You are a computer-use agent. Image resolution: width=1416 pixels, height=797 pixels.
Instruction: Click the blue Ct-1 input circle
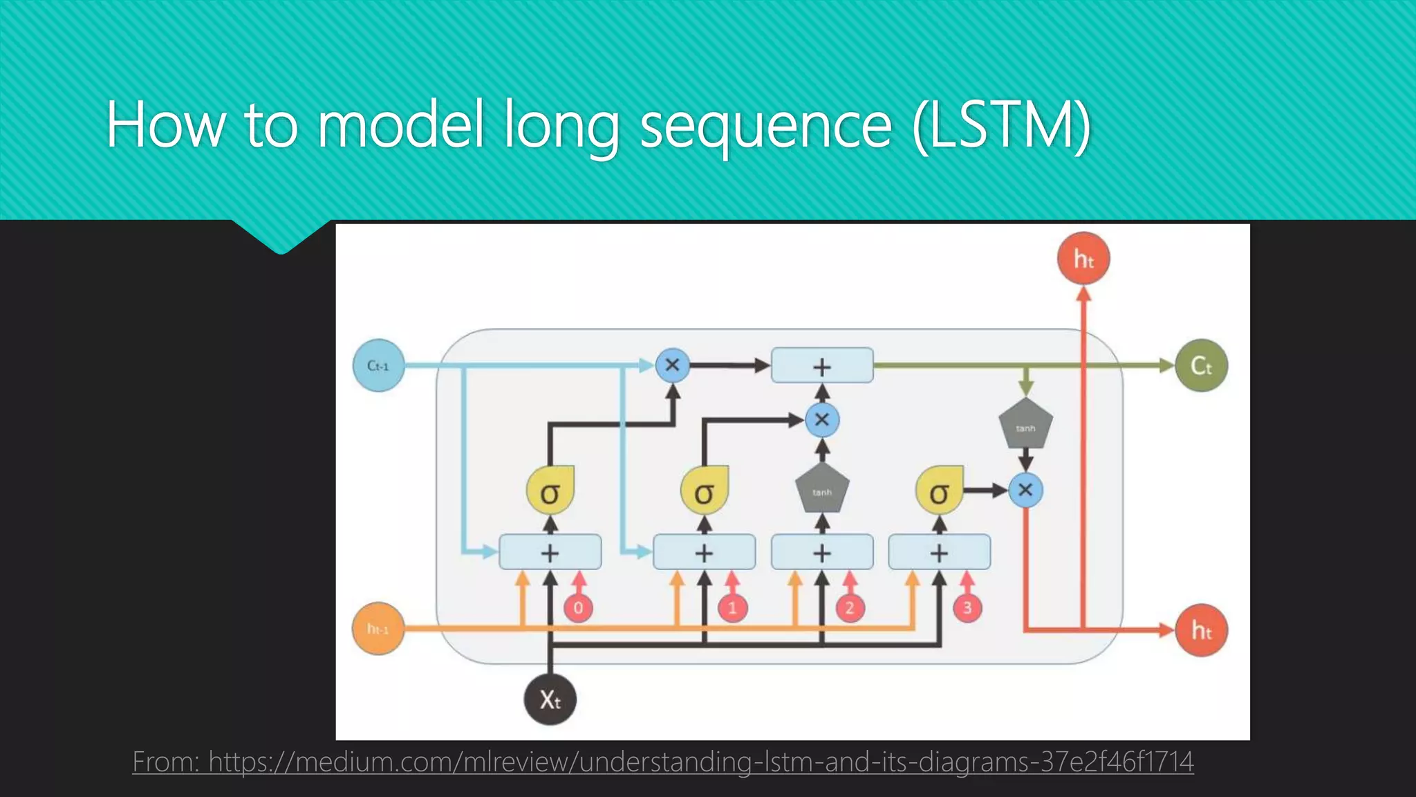click(378, 365)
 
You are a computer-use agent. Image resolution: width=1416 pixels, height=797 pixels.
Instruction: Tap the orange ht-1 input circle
click(378, 629)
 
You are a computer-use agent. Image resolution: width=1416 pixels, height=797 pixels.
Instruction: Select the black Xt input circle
click(550, 699)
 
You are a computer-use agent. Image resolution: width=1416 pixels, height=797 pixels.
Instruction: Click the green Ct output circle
click(1201, 365)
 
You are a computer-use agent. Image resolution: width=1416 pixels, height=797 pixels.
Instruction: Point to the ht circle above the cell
click(1083, 259)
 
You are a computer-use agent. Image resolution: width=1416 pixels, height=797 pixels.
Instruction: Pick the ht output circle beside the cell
click(1201, 630)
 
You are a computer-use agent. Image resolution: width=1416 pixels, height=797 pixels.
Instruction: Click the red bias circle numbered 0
click(578, 608)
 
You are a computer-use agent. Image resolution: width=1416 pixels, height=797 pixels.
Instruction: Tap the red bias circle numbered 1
click(732, 608)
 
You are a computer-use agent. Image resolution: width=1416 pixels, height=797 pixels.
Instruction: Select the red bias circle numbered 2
click(850, 608)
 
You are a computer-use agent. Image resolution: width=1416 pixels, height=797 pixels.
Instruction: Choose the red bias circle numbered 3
click(967, 608)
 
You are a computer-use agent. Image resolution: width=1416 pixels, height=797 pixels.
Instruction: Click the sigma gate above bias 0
click(550, 492)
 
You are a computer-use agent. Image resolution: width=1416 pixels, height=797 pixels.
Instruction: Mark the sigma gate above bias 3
click(939, 492)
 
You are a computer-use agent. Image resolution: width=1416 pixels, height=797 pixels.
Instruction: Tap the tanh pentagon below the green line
click(1025, 424)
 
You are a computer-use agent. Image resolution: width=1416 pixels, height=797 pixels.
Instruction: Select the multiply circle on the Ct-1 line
click(672, 365)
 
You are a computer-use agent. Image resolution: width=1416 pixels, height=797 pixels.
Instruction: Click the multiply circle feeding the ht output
click(1025, 491)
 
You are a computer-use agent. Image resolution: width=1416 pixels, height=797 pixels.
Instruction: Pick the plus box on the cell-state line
click(822, 365)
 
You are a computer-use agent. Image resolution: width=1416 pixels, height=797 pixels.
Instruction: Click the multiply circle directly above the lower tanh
click(822, 420)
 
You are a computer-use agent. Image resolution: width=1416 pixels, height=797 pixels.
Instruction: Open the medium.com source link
click(662, 762)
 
